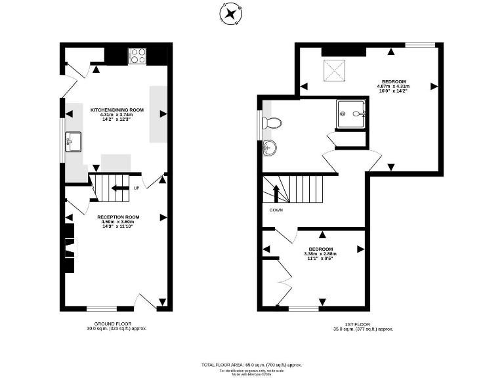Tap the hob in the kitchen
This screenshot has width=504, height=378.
[138, 56]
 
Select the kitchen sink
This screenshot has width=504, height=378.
[73, 140]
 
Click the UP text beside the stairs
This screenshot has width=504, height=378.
[136, 189]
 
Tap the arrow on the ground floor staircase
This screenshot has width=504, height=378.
[119, 188]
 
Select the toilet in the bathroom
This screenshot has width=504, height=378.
[272, 123]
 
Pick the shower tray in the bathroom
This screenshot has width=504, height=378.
[350, 114]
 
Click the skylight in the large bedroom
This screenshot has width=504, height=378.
[333, 71]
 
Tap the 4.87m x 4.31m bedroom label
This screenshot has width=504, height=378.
[393, 86]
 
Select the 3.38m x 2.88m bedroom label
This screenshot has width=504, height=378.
[321, 253]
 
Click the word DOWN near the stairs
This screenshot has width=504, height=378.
[276, 210]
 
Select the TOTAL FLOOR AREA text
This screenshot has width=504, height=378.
[251, 364]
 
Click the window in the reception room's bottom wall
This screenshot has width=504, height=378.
[102, 308]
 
